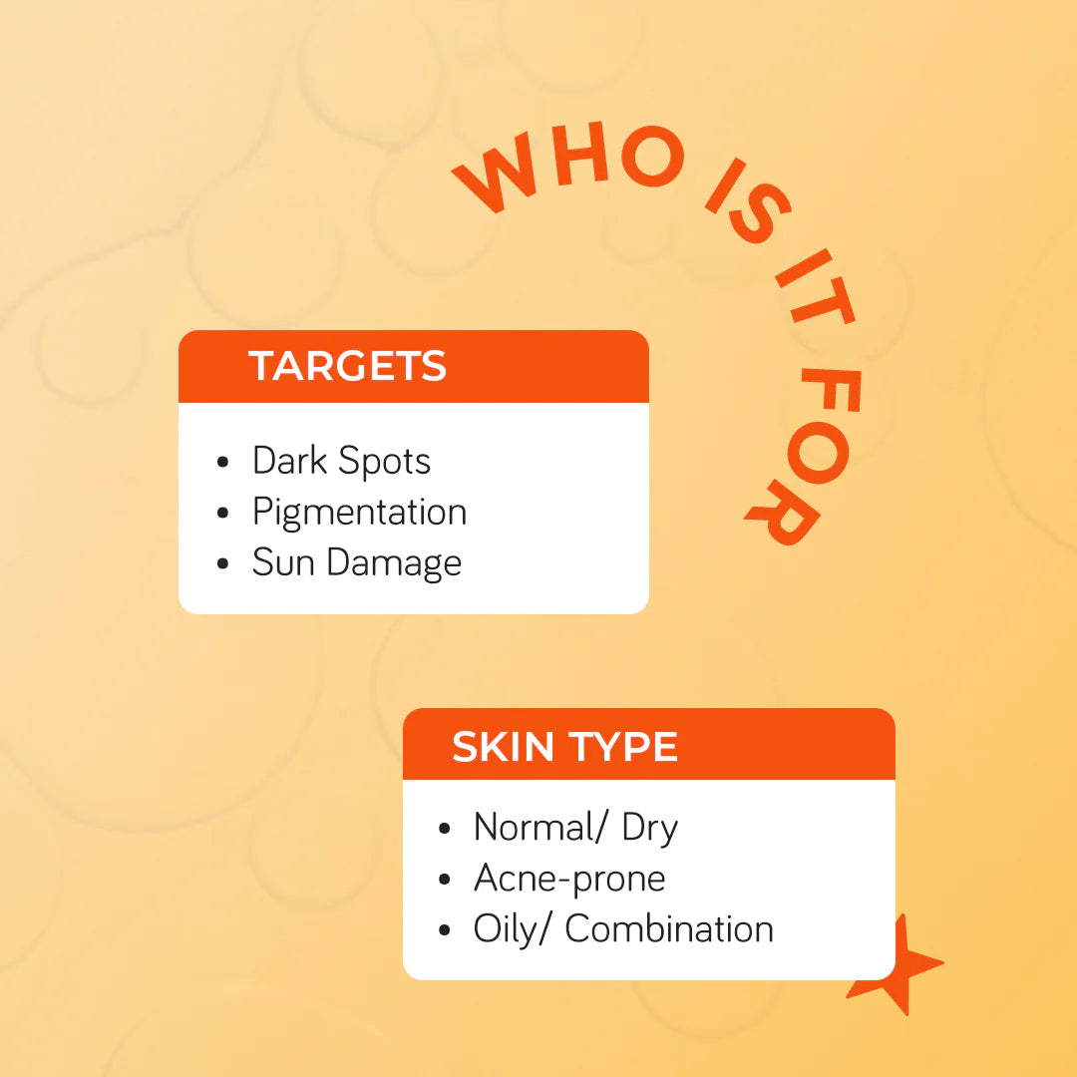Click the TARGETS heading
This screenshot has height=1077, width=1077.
(347, 365)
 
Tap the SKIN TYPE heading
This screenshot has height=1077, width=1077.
(564, 747)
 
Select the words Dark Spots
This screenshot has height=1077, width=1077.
(341, 461)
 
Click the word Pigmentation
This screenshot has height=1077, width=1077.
(359, 513)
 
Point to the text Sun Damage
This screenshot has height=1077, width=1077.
(356, 563)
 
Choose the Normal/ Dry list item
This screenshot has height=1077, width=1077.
(575, 828)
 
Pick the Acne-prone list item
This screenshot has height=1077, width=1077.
(569, 879)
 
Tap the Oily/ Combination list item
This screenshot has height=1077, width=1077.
(623, 929)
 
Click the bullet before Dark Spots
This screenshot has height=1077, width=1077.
(222, 463)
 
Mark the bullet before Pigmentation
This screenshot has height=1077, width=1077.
(222, 514)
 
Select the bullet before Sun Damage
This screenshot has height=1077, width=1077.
(222, 563)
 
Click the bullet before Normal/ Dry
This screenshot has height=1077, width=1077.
(445, 829)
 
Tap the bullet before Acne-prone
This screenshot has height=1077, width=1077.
(445, 880)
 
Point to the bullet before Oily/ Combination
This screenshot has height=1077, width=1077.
(445, 930)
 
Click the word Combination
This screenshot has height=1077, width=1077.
(669, 928)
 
